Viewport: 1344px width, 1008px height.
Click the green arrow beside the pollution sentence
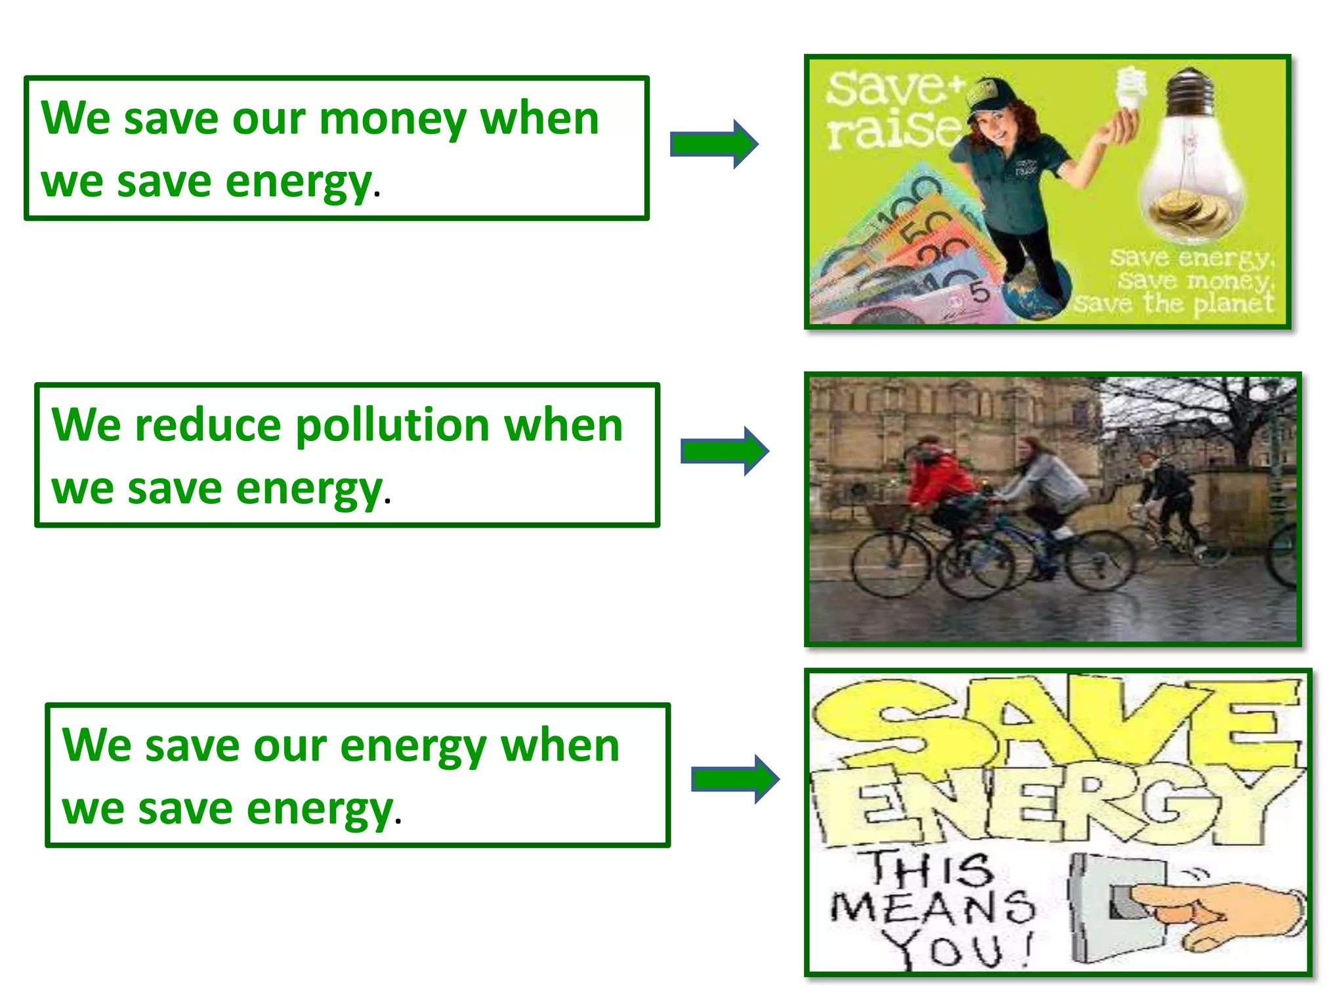click(x=724, y=451)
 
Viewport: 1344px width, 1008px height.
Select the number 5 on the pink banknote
click(x=979, y=291)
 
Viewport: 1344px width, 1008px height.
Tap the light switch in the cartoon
click(x=1116, y=906)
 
